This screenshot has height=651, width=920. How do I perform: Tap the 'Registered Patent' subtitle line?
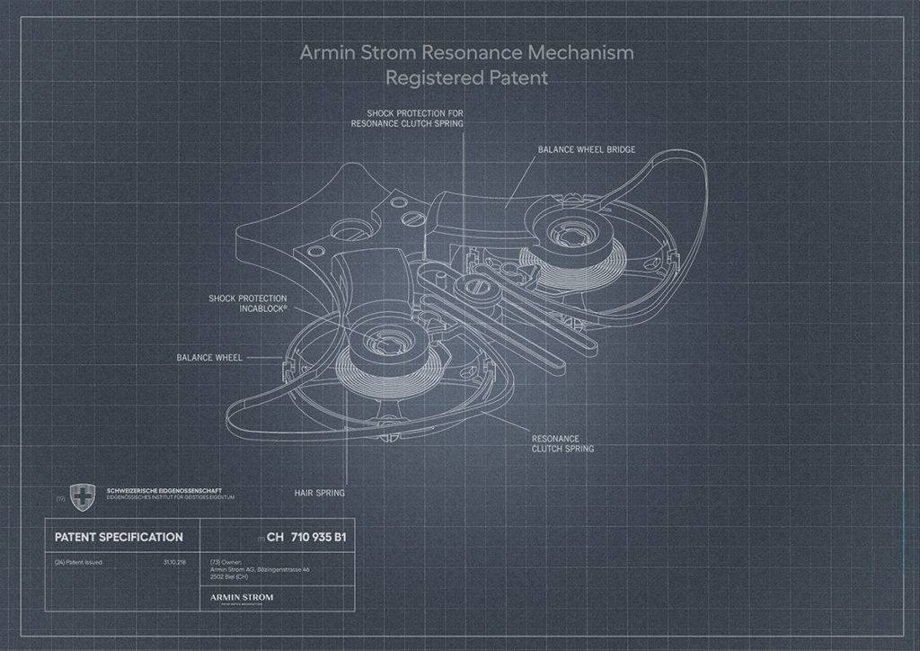pos(466,78)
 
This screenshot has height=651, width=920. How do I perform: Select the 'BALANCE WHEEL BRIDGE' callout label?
pos(587,149)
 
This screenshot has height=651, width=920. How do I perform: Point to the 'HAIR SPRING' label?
pos(319,493)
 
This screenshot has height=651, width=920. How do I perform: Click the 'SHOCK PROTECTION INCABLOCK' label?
pos(248,303)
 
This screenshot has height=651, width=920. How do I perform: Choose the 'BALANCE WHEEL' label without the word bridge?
pos(209,357)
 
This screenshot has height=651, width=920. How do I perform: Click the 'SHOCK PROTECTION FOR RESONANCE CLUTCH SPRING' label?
pos(408,118)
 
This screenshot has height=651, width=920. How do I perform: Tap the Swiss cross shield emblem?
pos(83,495)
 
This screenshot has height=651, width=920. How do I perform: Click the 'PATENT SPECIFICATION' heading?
pos(119,537)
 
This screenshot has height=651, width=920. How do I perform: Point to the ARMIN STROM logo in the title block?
pos(241,596)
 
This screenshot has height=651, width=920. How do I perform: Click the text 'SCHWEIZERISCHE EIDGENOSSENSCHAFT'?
pos(164,490)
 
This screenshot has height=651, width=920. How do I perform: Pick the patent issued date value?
pos(175,562)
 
